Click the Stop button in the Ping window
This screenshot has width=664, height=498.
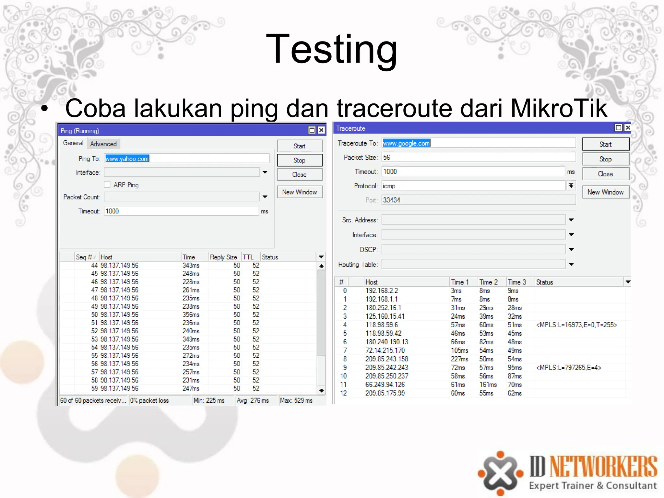click(x=299, y=160)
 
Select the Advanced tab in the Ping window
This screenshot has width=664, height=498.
click(x=103, y=144)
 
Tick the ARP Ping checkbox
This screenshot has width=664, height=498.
click(x=107, y=185)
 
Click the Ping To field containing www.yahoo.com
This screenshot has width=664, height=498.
click(x=186, y=159)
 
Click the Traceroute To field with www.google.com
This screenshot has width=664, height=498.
click(x=478, y=143)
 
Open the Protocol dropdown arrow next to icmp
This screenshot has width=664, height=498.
click(x=571, y=186)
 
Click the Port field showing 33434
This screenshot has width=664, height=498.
click(x=478, y=200)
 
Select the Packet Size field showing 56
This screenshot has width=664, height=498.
click(x=478, y=158)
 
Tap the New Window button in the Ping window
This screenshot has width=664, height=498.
click(x=299, y=192)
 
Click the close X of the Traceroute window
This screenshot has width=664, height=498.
click(x=628, y=128)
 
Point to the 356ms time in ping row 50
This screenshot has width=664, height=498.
click(x=191, y=314)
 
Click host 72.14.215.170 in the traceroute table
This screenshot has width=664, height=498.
click(x=385, y=350)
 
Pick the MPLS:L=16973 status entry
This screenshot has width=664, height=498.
click(x=576, y=325)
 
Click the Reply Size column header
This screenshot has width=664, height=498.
click(x=223, y=257)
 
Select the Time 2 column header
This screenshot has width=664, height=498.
click(x=488, y=282)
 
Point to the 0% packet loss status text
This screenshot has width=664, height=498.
click(x=149, y=400)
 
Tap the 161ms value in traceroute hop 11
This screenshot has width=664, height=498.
click(x=488, y=385)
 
